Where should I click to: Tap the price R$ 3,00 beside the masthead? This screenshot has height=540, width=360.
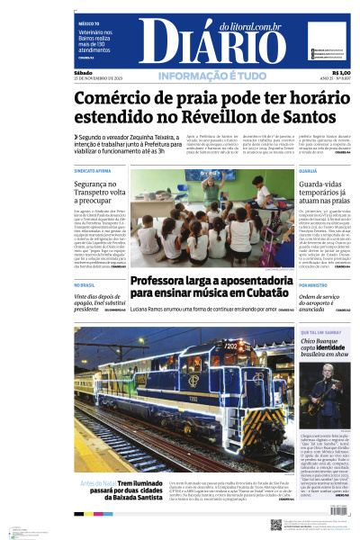pyautogui.click(x=340, y=73)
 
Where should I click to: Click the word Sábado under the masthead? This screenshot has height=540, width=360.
pyautogui.click(x=84, y=73)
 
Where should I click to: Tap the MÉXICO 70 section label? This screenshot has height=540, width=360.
pyautogui.click(x=88, y=23)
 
